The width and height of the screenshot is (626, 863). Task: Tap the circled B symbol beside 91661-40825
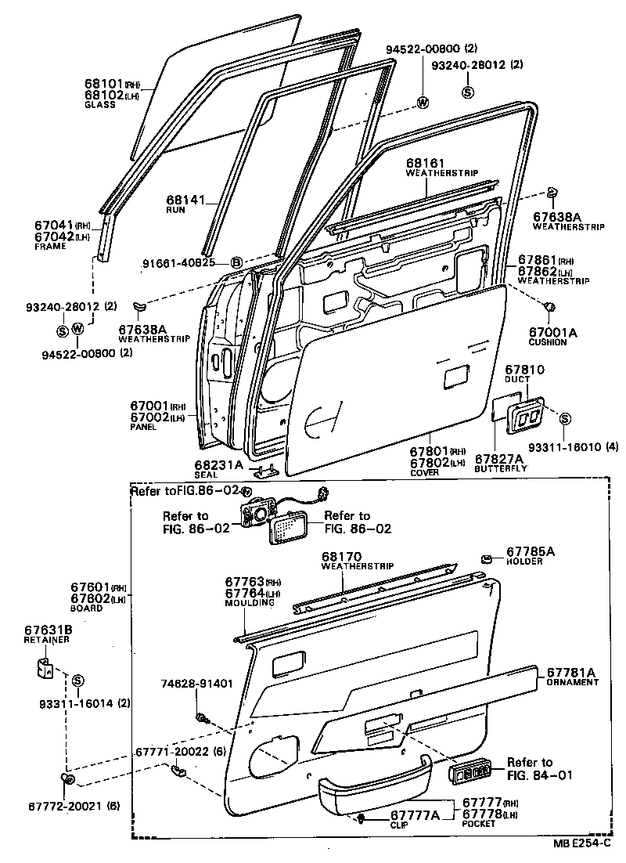(x=237, y=262)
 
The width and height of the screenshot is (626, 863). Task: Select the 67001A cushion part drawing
(x=549, y=307)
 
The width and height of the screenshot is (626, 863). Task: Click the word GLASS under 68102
(x=100, y=105)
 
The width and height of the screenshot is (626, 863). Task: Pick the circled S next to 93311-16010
(x=565, y=419)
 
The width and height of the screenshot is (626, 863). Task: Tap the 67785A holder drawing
(x=486, y=560)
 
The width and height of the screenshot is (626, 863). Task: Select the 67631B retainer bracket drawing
(x=45, y=668)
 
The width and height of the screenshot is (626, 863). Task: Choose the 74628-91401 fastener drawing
(x=202, y=717)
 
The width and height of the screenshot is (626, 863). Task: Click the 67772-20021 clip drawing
(x=67, y=778)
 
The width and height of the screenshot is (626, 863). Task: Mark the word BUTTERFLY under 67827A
(x=501, y=468)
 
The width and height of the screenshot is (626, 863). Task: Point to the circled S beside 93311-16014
(x=77, y=681)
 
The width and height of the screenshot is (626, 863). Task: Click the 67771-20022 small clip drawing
(x=178, y=769)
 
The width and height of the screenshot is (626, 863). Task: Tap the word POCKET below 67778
(x=478, y=823)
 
